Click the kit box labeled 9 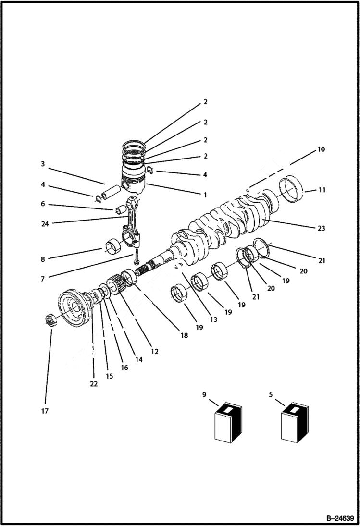pos(227,423)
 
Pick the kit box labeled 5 pos(295,423)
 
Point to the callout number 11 pos(322,190)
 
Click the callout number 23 pos(321,228)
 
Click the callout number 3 pos(43,164)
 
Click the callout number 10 pos(321,149)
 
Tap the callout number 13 pos(213,319)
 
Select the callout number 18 pos(184,336)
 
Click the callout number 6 pos(43,204)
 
